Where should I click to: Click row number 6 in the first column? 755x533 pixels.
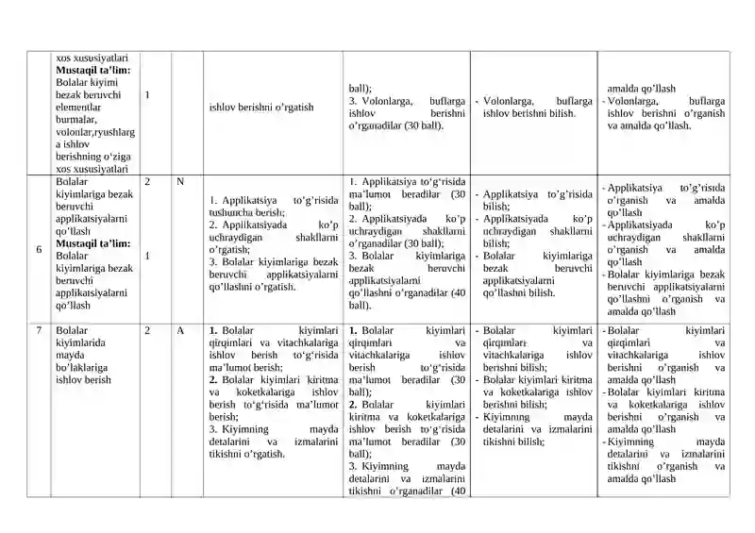tap(39, 249)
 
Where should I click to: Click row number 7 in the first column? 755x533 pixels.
tap(39, 331)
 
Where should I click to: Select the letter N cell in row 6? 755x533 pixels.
tap(179, 180)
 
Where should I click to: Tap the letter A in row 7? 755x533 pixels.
tap(179, 331)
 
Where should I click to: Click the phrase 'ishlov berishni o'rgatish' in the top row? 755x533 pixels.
tap(261, 108)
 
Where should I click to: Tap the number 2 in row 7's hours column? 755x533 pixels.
tap(149, 331)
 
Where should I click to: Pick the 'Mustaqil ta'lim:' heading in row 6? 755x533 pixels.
tap(92, 243)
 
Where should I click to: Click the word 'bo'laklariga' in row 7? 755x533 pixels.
tap(81, 368)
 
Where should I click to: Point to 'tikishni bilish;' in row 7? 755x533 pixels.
tap(515, 441)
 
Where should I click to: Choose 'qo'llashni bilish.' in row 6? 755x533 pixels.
tap(518, 293)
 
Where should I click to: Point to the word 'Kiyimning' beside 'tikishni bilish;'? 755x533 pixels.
tap(508, 417)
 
